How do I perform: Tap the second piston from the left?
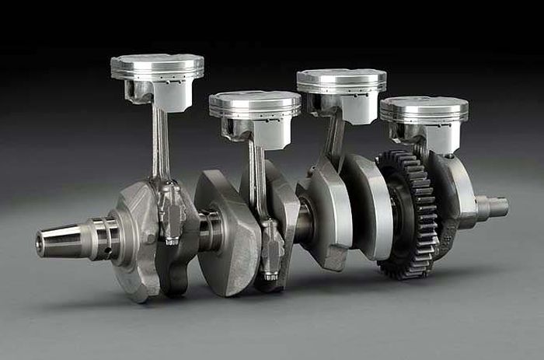[x=254, y=105]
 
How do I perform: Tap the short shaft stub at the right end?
[x=493, y=207]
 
